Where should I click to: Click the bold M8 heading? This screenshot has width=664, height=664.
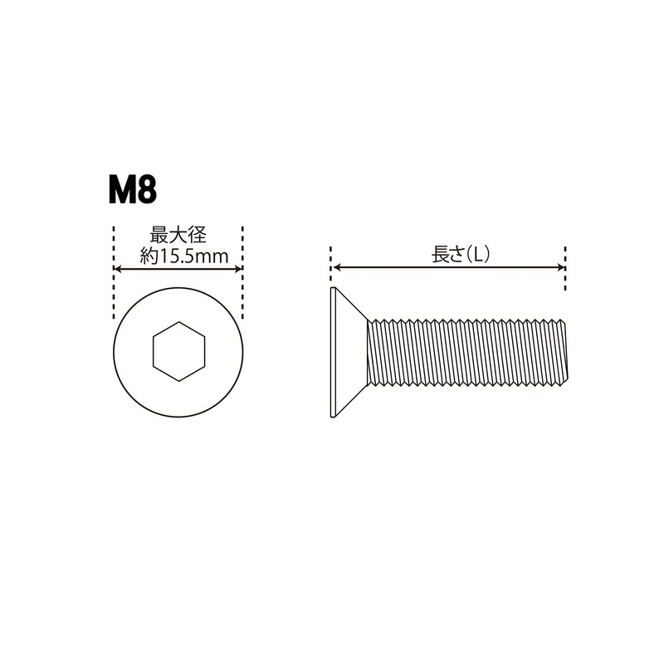point(133,191)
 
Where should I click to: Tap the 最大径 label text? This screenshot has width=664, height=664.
point(178,235)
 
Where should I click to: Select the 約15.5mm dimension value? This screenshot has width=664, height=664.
point(183,256)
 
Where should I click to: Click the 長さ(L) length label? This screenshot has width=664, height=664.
point(461,255)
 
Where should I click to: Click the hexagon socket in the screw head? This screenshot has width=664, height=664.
point(178,351)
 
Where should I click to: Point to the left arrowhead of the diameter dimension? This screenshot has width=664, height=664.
point(118,268)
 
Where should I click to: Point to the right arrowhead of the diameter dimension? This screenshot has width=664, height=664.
point(238,268)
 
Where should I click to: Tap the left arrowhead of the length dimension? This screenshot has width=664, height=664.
point(337,267)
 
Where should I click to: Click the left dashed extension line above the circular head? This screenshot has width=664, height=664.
point(114,273)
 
